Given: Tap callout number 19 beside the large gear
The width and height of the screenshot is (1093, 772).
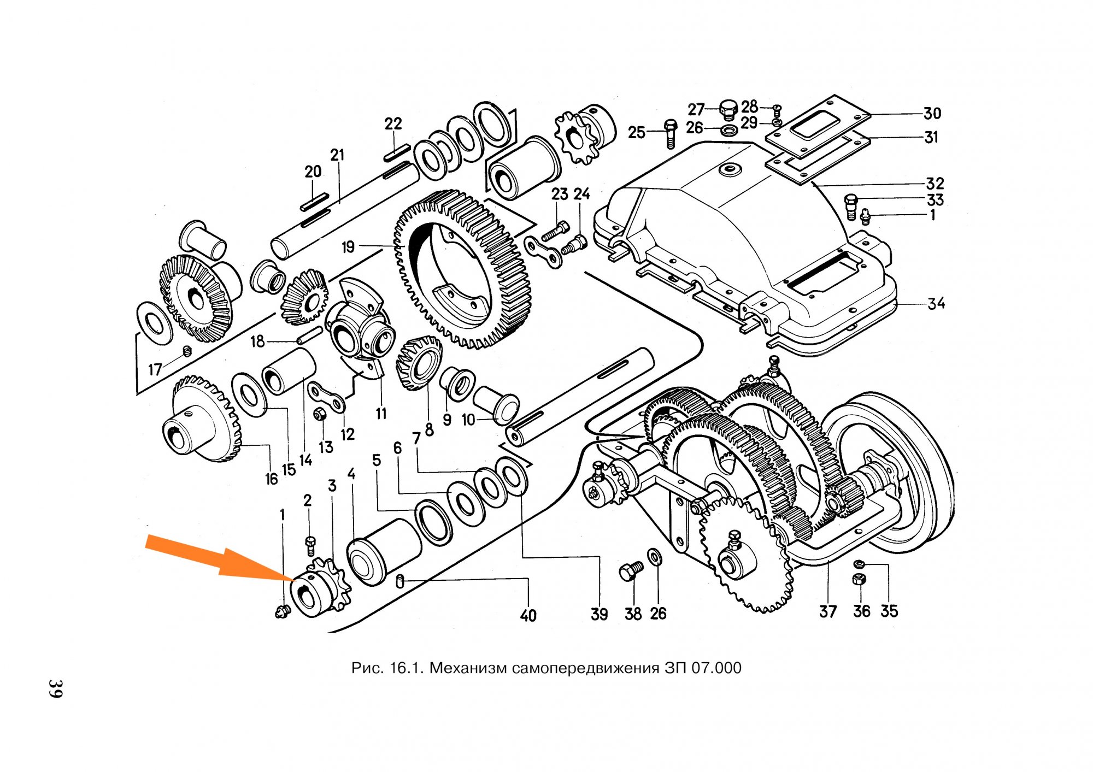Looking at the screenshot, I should (348, 247).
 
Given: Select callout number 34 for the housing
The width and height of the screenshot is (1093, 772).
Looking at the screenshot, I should (936, 303).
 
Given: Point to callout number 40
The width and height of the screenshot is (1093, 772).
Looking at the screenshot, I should (528, 616).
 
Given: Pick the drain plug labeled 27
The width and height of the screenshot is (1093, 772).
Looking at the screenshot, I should (728, 110).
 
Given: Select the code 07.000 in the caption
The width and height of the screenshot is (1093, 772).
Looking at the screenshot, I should (716, 668).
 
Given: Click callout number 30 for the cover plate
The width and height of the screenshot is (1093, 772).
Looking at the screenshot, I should (932, 114).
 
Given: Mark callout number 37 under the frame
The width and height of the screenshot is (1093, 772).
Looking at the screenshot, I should (827, 611).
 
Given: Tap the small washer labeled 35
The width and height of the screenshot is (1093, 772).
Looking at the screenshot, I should (859, 563).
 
